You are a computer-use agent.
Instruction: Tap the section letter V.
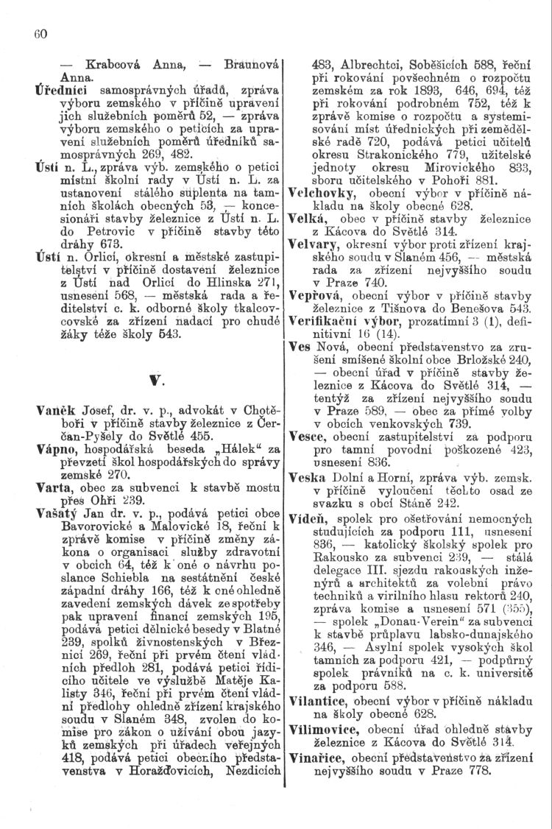click(x=156, y=380)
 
